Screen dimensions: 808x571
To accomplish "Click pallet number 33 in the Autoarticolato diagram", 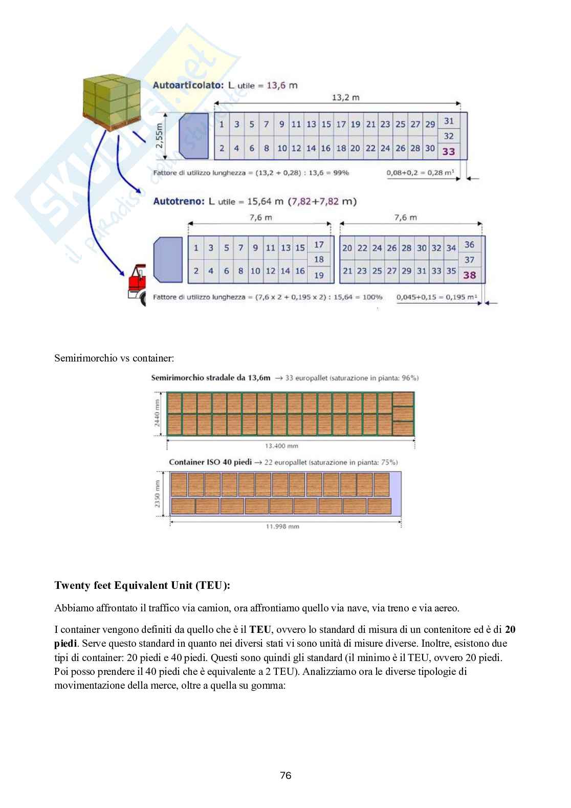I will coord(449,151).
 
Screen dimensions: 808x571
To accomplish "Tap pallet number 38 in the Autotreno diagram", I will coord(469,275).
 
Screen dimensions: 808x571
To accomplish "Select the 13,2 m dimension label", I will coord(346,97).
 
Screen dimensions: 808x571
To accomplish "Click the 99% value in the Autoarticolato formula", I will coord(341,173).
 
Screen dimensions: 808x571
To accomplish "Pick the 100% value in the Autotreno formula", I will coord(372,297).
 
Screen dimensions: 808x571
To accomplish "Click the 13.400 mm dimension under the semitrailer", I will coord(281,446).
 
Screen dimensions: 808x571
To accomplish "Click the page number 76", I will coord(285,775).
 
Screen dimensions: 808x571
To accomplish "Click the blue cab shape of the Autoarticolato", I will coord(193,136).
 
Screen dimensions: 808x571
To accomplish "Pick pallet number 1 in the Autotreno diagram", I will coord(196,248).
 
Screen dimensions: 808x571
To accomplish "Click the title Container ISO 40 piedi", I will coord(210,462).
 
